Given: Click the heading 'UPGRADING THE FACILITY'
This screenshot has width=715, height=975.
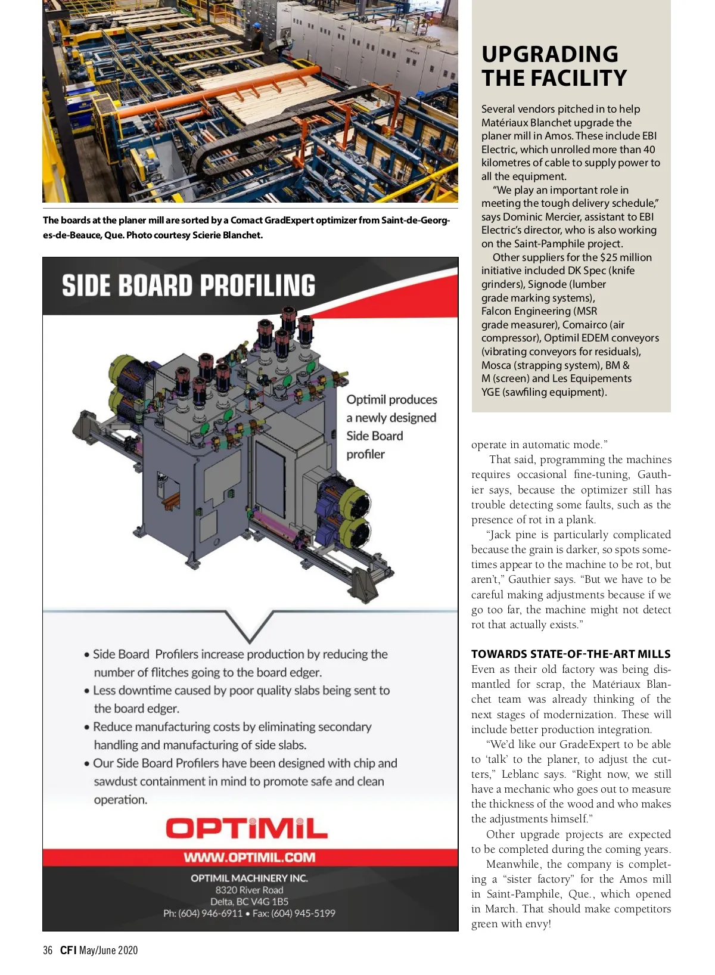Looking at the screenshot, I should coord(554,66).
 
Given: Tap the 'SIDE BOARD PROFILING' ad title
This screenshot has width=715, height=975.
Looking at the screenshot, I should coord(188,285).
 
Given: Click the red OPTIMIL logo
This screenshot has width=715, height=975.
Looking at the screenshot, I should coord(247,828).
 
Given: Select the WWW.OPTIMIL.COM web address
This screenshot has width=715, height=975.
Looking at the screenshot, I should coord(250,858).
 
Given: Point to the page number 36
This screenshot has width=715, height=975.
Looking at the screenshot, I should coord(48,951).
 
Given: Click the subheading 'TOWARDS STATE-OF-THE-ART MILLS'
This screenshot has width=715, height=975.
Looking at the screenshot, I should coord(571,654).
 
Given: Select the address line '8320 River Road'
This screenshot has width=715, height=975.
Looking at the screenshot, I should coord(249,890).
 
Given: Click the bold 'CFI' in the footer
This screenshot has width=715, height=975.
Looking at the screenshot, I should coord(69,951).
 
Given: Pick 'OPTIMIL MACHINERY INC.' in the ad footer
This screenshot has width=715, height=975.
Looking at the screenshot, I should coord(249,878).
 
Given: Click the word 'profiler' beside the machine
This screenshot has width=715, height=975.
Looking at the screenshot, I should coord(365,454).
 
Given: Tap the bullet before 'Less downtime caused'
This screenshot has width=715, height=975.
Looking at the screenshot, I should coord(87,691).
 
